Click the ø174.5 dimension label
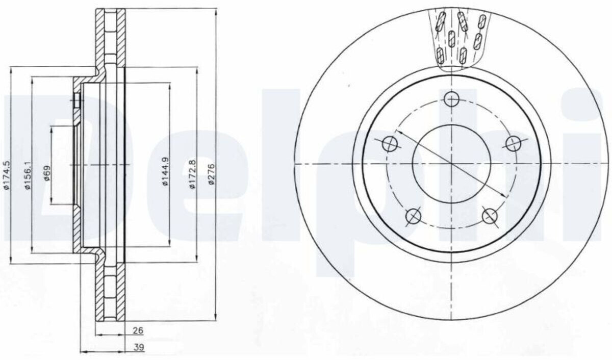click(7, 175)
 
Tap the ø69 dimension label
click(47, 173)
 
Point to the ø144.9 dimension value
click(166, 171)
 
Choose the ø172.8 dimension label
click(193, 174)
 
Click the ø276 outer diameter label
click(212, 174)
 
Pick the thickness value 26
click(138, 330)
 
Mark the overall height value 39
click(139, 347)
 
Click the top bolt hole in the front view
click(451, 99)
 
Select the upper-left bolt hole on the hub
click(390, 144)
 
